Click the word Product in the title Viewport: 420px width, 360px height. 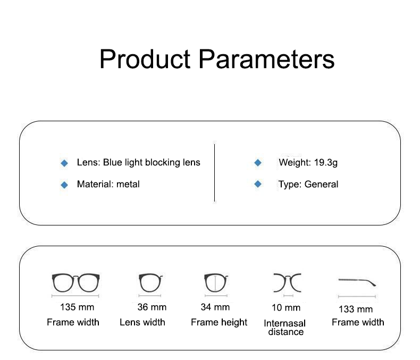pyautogui.click(x=145, y=59)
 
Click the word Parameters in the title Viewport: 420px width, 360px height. pyautogui.click(x=266, y=59)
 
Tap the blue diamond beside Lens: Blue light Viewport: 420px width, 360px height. pyautogui.click(x=64, y=163)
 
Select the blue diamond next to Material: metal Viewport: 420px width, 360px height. pyautogui.click(x=64, y=185)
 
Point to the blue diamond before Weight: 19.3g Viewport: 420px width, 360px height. pyautogui.click(x=258, y=162)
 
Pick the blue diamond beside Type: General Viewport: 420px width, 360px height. pyautogui.click(x=258, y=184)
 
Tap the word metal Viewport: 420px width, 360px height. pyautogui.click(x=128, y=185)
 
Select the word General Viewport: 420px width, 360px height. pyautogui.click(x=322, y=185)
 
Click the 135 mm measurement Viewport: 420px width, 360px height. pyautogui.click(x=77, y=307)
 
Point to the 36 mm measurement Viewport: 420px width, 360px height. pyautogui.click(x=152, y=307)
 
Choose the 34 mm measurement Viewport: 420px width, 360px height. pyautogui.click(x=215, y=307)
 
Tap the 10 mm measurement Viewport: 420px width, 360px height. pyautogui.click(x=286, y=307)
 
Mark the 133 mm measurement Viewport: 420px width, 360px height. pyautogui.click(x=356, y=309)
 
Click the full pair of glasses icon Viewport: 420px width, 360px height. pyautogui.click(x=76, y=282)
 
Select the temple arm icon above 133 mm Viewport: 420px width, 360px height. pyautogui.click(x=357, y=282)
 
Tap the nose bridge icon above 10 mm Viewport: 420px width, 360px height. pyautogui.click(x=288, y=282)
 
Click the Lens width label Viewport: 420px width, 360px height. pyautogui.click(x=142, y=322)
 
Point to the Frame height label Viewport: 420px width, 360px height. pyautogui.click(x=219, y=322)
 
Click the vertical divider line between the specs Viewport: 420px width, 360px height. pyautogui.click(x=215, y=173)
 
